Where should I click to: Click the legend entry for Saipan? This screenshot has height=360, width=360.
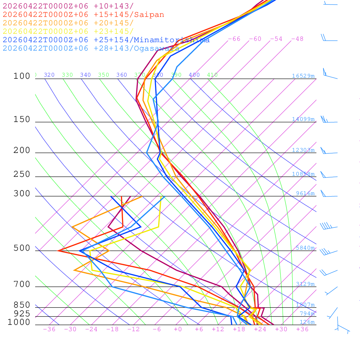point(83,15)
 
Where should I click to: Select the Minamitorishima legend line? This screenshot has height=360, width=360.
point(106,40)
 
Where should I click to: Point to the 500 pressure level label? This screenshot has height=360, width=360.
point(22,248)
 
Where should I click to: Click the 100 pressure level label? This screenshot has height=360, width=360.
point(22,76)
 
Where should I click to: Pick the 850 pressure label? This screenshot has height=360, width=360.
point(22,305)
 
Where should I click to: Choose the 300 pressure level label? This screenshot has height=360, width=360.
point(22,194)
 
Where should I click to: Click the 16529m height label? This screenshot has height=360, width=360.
point(303,76)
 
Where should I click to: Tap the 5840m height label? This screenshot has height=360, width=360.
point(305,248)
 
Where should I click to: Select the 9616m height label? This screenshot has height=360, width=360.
point(305,193)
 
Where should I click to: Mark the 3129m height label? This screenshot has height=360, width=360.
point(305,284)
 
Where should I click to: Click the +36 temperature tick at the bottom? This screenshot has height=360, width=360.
point(302,329)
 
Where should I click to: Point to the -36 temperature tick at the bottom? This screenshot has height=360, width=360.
point(49,329)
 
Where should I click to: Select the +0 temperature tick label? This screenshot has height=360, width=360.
point(178,329)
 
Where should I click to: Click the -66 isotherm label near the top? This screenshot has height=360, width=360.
point(234,39)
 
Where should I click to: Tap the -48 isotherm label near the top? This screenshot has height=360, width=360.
point(297,39)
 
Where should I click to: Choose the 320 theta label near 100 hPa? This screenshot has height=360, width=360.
point(49,75)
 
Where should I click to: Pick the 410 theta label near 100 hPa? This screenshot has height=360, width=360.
point(212,75)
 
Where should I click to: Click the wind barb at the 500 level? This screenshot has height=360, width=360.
point(325,252)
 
